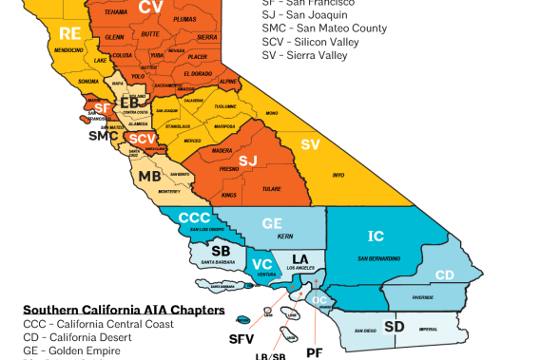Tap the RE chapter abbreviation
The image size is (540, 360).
click(70, 34)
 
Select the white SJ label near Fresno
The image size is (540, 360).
click(248, 160)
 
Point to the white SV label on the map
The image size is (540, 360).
click(310, 144)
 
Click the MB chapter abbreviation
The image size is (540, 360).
click(149, 177)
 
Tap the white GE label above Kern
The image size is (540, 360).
click(273, 223)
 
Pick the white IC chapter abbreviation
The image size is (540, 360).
click(376, 236)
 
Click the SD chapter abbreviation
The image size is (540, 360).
click(395, 326)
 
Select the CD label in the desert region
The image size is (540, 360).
click(444, 275)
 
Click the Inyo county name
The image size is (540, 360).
click(338, 175)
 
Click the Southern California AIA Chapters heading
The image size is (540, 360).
click(124, 310)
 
